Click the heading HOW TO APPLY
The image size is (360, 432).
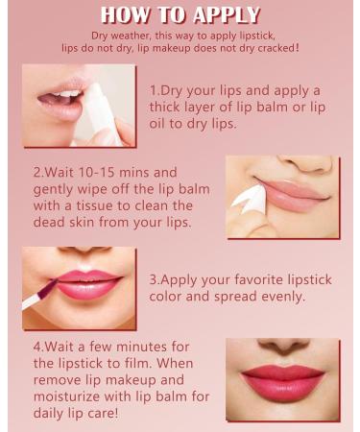tap(180, 14)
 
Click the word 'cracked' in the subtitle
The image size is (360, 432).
tap(274, 47)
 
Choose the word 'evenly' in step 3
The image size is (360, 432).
tap(279, 297)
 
